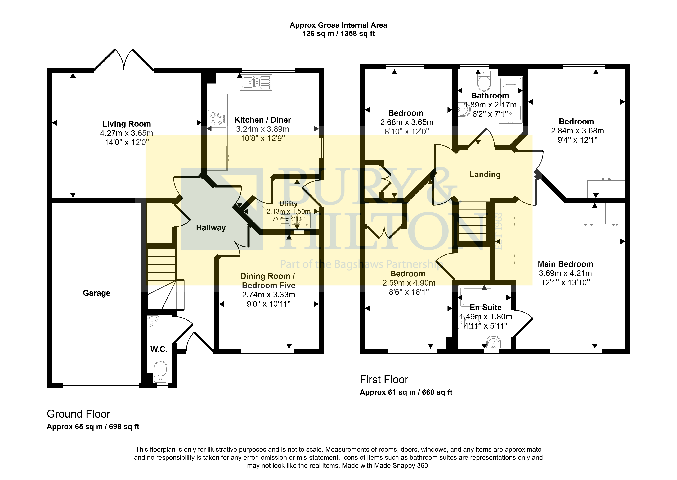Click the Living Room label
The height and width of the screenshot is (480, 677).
click(x=126, y=124)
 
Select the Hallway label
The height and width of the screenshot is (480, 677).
click(x=211, y=228)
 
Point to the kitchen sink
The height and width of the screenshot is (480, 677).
click(x=256, y=82)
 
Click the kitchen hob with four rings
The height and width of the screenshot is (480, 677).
click(x=217, y=119)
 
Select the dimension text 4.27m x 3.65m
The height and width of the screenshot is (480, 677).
click(x=126, y=133)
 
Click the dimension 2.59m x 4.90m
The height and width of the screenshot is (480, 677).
click(x=409, y=283)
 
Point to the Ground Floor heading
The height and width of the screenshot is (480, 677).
click(x=79, y=414)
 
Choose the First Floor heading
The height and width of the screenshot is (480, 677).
click(x=384, y=380)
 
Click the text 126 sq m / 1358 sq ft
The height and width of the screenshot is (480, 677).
click(x=338, y=34)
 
